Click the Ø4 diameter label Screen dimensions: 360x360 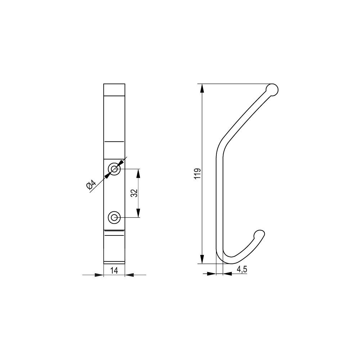click(x=91, y=185)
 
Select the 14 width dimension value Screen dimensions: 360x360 click(x=114, y=271)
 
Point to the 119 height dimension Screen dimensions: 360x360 click(x=197, y=174)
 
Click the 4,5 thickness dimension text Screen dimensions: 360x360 click(x=242, y=269)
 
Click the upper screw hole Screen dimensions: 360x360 click(x=114, y=169)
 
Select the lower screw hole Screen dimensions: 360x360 click(x=114, y=217)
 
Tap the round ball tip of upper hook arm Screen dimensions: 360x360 click(x=272, y=90)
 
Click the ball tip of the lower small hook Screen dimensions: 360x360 click(x=260, y=235)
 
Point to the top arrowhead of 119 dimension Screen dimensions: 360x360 click(x=202, y=89)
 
